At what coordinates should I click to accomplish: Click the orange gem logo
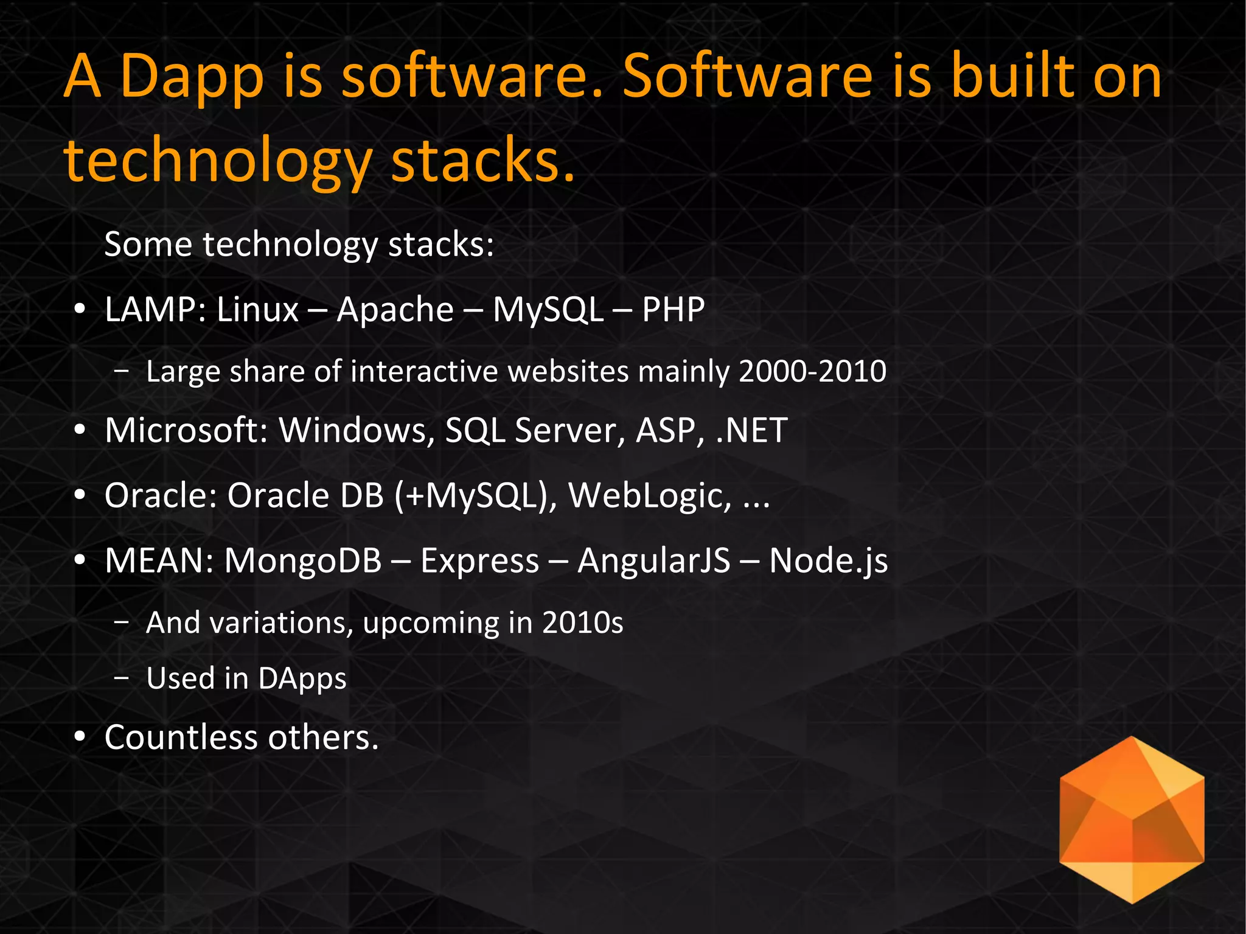coord(1132,819)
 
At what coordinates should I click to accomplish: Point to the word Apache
coord(395,310)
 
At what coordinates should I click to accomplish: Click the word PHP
coord(673,310)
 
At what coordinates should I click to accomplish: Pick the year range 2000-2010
coord(812,372)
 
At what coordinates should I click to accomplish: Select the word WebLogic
coord(650,496)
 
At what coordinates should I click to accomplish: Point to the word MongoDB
coord(302,560)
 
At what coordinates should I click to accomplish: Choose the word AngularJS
coord(653,560)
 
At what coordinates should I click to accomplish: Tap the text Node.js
coord(828,560)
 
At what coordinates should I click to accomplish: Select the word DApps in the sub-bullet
coord(301,679)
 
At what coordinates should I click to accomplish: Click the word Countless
coord(181,738)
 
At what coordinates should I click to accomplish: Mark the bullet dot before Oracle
coord(80,496)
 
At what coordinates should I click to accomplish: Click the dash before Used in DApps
coord(122,678)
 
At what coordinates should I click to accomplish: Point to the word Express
coord(479,560)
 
